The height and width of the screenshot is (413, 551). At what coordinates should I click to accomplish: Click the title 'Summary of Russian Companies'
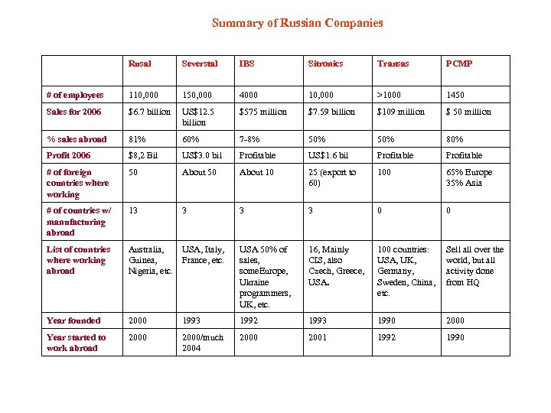click(x=297, y=23)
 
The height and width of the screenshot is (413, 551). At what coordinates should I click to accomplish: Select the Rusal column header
click(x=139, y=63)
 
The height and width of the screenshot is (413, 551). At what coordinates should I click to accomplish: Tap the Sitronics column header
click(x=325, y=63)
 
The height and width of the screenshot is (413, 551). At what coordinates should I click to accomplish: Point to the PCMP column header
click(x=459, y=63)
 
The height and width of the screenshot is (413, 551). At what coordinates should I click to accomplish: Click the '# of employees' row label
click(x=74, y=95)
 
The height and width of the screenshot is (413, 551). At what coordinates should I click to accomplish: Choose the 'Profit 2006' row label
click(x=68, y=155)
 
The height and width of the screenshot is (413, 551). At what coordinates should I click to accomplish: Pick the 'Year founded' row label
click(x=73, y=320)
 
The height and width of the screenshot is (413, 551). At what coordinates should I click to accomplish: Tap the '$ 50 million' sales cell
click(x=469, y=112)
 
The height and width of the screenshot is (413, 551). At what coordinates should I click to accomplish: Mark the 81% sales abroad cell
click(x=138, y=139)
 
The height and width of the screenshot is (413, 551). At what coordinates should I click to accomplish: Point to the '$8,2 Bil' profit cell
click(x=143, y=155)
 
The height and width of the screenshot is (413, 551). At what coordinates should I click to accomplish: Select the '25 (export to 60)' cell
click(x=332, y=177)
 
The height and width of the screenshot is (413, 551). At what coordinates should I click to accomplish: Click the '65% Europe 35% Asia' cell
click(x=469, y=177)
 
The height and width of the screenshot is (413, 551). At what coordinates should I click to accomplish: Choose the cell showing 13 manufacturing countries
click(x=133, y=210)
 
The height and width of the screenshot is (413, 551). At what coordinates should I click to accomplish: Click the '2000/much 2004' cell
click(x=202, y=343)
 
